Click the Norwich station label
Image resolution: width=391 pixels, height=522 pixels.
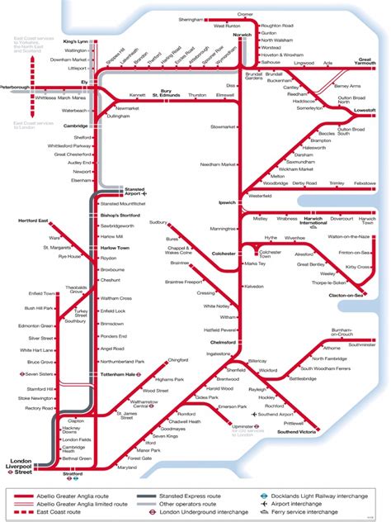[242, 35]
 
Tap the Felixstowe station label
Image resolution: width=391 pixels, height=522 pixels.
[364, 183]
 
